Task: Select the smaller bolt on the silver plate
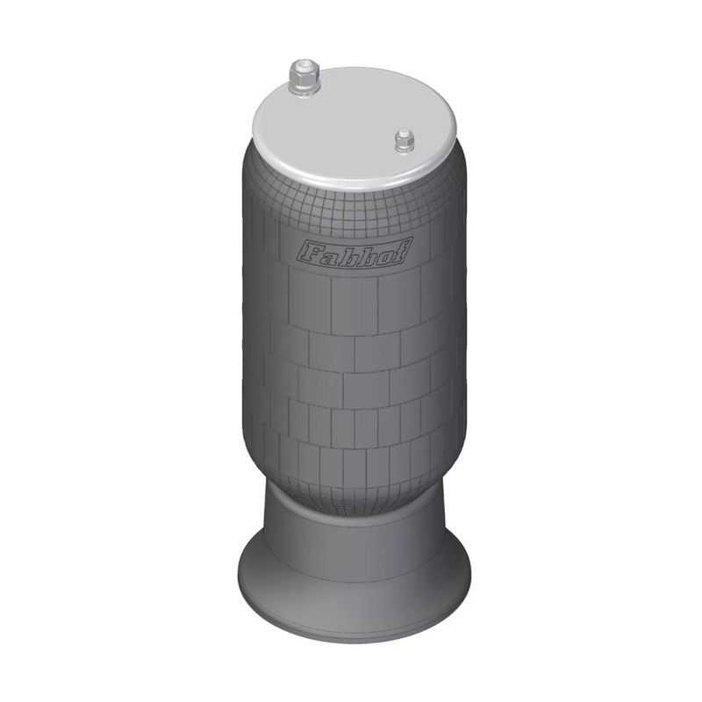[404, 140]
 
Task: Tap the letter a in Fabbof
[326, 254]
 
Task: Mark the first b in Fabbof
[345, 254]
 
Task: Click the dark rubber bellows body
[351, 369]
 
